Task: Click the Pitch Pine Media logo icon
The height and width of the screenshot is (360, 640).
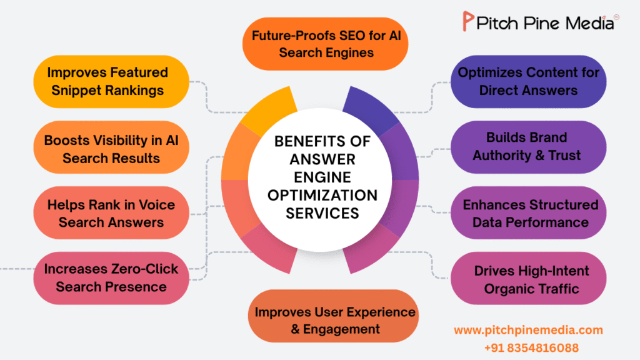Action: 467,22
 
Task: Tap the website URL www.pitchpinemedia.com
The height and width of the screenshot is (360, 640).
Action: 528,329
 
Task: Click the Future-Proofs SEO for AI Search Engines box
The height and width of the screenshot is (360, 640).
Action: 326,43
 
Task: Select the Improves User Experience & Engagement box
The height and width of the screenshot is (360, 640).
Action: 334,319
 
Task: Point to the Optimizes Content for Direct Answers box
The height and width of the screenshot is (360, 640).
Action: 528,81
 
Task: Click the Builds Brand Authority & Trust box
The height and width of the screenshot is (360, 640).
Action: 528,146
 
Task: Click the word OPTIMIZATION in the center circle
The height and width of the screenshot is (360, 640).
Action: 322,195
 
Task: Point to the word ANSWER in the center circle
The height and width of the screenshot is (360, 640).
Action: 322,159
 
